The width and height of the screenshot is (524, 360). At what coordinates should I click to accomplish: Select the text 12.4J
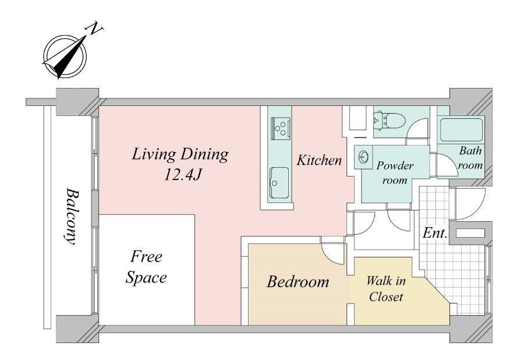click(182, 174)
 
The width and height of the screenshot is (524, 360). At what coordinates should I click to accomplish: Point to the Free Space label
click(146, 267)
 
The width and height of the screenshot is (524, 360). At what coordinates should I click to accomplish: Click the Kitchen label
click(320, 160)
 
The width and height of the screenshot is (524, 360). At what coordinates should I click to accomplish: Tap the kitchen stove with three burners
click(281, 127)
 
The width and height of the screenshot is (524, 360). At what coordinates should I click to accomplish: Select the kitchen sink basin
click(279, 182)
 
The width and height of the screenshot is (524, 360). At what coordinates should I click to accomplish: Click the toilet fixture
click(389, 121)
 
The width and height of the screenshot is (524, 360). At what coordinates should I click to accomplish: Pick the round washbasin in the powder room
click(363, 156)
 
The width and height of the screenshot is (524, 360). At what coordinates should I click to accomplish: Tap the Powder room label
click(395, 173)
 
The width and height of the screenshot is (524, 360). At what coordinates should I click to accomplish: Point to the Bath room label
click(470, 158)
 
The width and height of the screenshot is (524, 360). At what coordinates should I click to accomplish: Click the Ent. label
click(435, 233)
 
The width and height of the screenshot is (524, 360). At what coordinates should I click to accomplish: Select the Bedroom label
click(298, 282)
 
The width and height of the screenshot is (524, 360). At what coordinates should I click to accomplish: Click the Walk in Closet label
click(387, 288)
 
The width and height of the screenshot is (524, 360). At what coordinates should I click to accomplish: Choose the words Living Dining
click(180, 155)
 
